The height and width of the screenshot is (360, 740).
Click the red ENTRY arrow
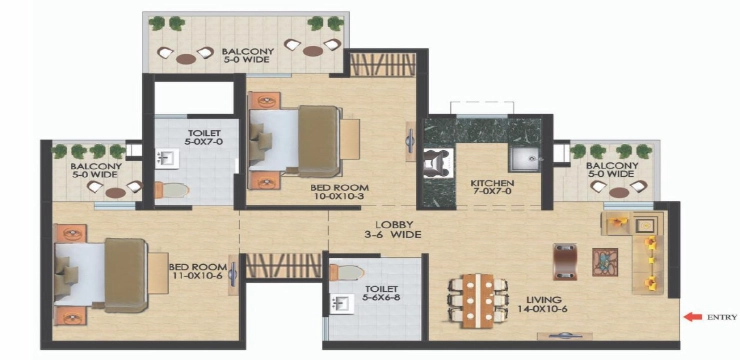tap(693, 317)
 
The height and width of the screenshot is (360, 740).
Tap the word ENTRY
tap(722, 318)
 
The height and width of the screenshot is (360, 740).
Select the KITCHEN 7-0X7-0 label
tap(492, 187)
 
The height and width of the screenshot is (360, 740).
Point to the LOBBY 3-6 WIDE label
tap(395, 229)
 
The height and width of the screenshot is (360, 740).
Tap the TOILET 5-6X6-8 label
tap(381, 293)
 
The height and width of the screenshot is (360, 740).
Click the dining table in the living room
tap(478, 301)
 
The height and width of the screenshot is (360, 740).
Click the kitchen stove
tap(438, 163)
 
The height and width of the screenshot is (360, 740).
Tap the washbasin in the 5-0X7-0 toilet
tap(168, 159)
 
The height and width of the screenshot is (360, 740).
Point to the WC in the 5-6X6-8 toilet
tap(347, 272)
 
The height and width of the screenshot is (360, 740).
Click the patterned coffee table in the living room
tap(605, 262)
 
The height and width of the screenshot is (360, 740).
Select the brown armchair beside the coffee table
tap(565, 262)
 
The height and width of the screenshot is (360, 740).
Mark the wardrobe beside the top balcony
tap(382, 65)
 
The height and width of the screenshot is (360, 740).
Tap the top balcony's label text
tap(245, 55)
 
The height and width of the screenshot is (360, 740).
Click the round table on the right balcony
tap(619, 193)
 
